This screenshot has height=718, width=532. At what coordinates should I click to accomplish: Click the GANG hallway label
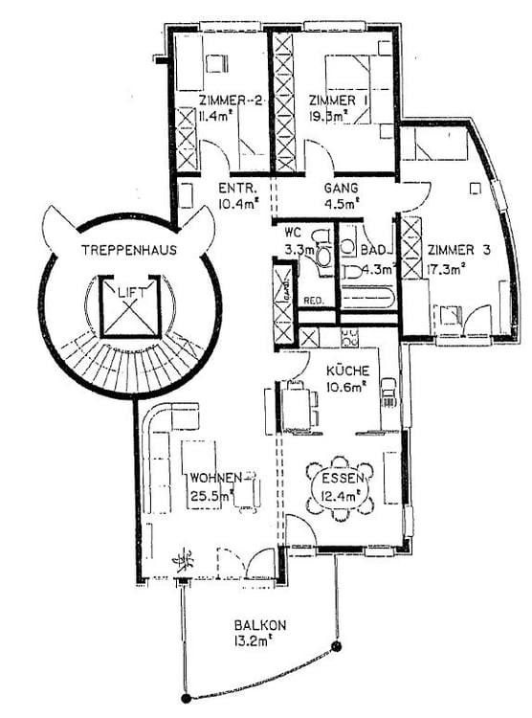(x=341, y=188)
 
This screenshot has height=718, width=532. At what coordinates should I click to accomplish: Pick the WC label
(x=292, y=233)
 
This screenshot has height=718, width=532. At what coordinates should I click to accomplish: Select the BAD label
(x=374, y=250)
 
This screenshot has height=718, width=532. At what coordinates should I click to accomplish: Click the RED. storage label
(x=313, y=301)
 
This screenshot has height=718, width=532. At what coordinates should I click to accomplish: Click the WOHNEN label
(x=215, y=477)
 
